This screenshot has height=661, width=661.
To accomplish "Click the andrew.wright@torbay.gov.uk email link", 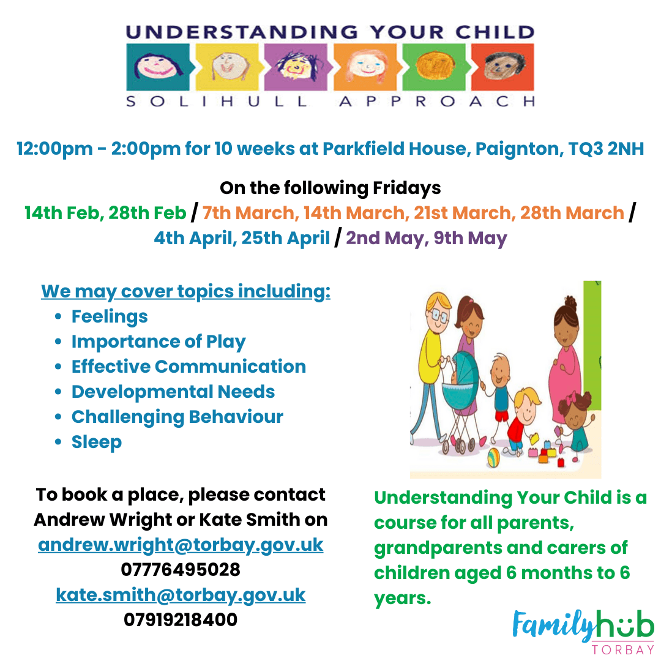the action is (181, 545).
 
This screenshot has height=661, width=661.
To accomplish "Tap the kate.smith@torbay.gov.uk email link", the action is (181, 595).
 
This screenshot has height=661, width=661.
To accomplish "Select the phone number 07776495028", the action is (181, 570).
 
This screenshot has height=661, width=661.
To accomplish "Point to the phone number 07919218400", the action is (181, 619).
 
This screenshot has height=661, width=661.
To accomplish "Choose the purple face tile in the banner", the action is (296, 67).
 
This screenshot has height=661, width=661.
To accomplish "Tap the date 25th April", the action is (285, 238).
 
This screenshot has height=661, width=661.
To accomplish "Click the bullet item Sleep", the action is (97, 443).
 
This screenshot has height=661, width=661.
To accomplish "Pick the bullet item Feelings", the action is (110, 316).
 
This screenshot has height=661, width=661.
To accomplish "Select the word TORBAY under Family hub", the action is (622, 649).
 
